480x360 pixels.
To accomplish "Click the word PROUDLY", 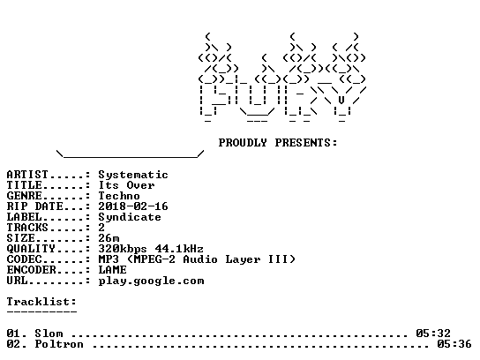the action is click(243, 143).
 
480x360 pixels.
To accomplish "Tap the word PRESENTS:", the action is click(306, 143).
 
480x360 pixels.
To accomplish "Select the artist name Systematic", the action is click(133, 175).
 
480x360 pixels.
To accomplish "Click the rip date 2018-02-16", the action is click(133, 206).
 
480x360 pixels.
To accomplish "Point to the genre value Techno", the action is click(119, 196).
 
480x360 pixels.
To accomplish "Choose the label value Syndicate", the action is click(130, 217).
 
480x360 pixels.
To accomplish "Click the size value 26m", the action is click(109, 238).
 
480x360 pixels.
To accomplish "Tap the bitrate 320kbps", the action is click(123, 249).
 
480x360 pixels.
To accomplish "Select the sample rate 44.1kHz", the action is click(179, 249).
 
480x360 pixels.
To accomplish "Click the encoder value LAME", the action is click(112, 270).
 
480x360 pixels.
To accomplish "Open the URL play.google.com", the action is click(151, 281).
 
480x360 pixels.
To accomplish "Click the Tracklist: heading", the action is click(41, 302).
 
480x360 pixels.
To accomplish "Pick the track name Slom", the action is click(49, 333).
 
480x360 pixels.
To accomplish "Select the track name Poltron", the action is click(59, 344).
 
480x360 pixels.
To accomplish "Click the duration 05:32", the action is click(433, 333).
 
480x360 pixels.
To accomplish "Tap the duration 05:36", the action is click(454, 344).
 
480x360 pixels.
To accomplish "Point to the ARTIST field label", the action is click(27, 175).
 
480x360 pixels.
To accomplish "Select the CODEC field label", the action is click(24, 259).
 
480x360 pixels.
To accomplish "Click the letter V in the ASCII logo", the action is click(341, 100).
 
